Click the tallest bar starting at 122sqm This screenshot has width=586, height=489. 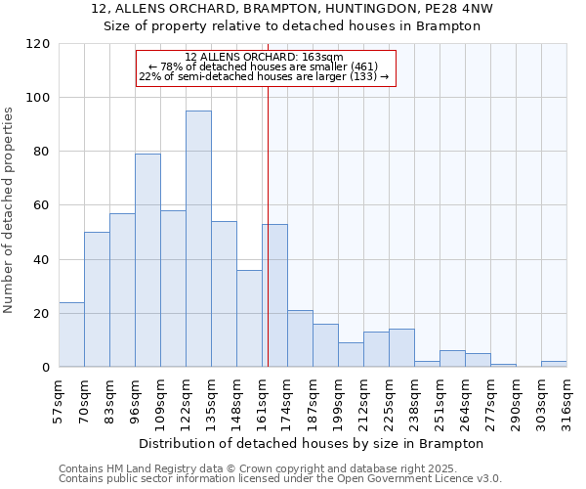click(198, 239)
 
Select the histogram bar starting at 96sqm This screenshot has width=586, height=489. click(147, 260)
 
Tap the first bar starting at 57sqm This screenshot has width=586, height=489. click(71, 334)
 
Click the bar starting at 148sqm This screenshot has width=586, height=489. click(249, 318)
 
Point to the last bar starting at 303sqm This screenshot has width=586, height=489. click(554, 364)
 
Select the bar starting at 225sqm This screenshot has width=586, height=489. click(401, 348)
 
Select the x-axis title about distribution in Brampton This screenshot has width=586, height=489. click(311, 443)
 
